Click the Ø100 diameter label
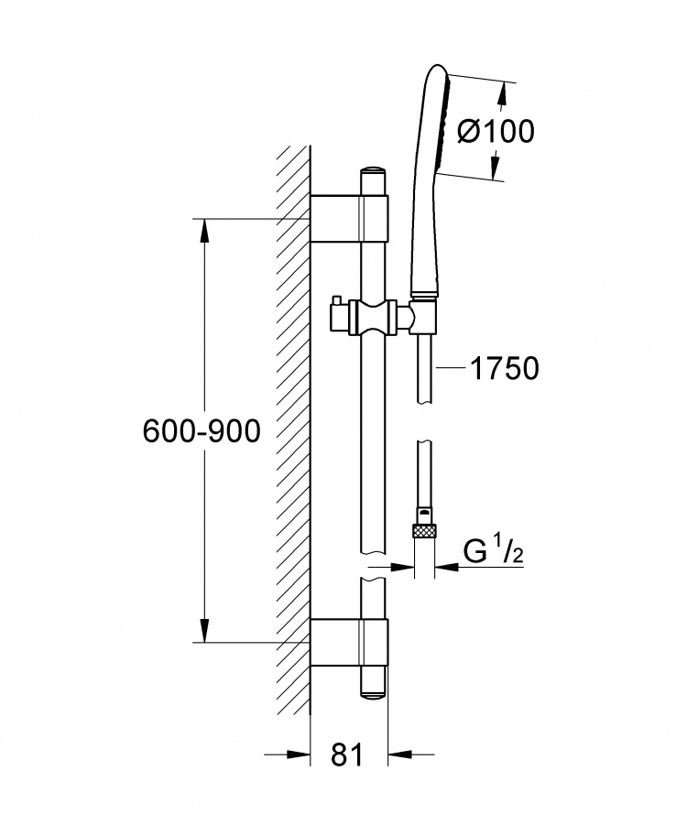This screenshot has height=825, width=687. pos(496,131)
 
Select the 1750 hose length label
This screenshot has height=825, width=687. pos(505,368)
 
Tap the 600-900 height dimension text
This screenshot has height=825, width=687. pos(202,431)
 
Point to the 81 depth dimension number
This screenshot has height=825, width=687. pos(347,755)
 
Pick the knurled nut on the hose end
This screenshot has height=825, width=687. pos(425,529)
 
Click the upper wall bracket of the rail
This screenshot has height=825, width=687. pos(349,218)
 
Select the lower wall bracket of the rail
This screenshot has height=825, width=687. pos(349,643)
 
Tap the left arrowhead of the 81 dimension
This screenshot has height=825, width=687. pos(299,755)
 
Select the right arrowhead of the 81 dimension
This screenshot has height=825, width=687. pos(400,755)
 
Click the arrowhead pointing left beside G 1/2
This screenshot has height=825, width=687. pos(447,567)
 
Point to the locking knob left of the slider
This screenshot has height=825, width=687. pos(336,317)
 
